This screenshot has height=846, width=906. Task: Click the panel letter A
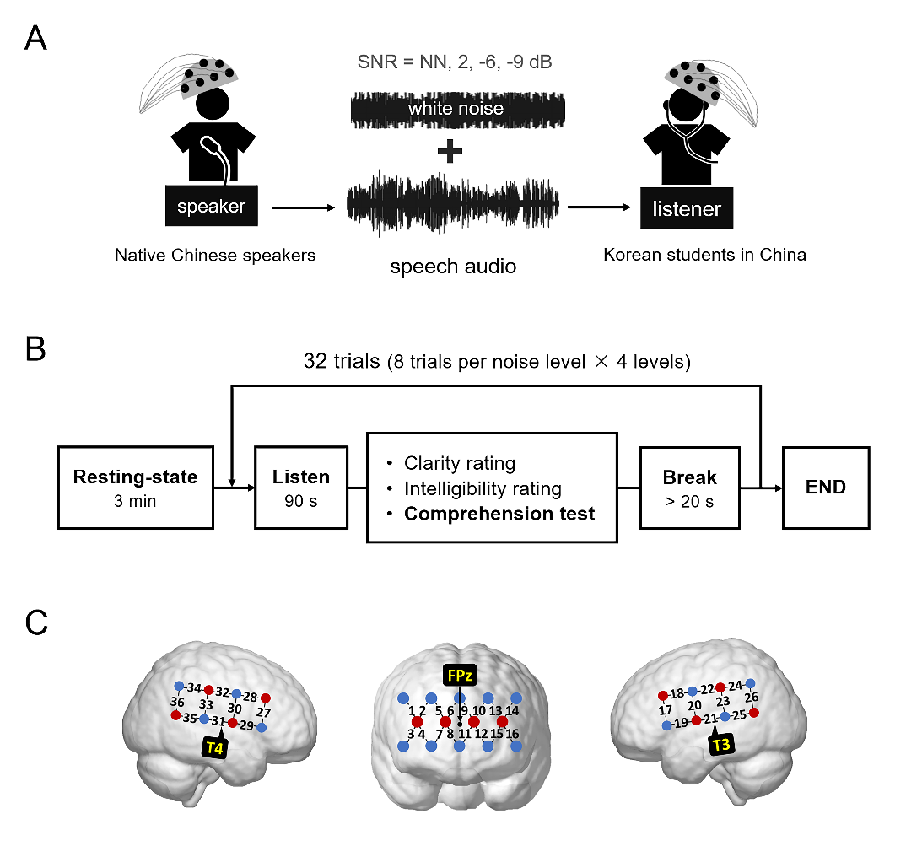(35, 38)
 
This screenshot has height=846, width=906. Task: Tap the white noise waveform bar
(456, 109)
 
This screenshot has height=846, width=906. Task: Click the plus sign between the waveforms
(451, 152)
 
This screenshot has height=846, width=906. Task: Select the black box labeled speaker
(211, 206)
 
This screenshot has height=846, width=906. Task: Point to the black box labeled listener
(687, 207)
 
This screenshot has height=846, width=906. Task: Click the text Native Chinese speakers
(215, 255)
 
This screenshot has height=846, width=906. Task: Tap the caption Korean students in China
(704, 255)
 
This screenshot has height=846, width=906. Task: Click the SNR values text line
(456, 62)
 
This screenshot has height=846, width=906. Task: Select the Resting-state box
(135, 488)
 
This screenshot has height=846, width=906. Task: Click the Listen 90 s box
(300, 488)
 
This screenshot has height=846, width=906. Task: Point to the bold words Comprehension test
(499, 513)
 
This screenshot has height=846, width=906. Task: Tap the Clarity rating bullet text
(460, 463)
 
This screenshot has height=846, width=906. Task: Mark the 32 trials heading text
(497, 364)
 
